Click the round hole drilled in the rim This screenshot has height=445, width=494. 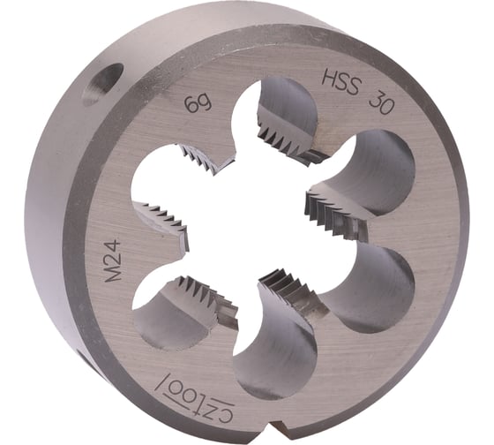[101, 85]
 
